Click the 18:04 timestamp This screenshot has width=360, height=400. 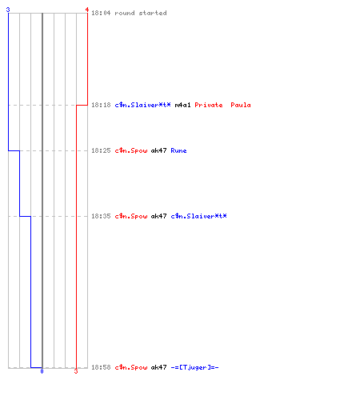[x=101, y=13]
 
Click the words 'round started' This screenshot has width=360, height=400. [x=141, y=13]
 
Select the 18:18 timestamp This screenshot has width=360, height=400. [x=101, y=105]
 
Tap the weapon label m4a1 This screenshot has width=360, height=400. [x=182, y=105]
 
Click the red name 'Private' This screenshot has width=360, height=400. [x=209, y=105]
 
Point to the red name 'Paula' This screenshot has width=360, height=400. [x=241, y=105]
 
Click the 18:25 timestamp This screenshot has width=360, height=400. [x=101, y=150]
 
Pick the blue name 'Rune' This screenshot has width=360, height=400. [x=178, y=150]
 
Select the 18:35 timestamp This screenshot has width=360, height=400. [x=101, y=216]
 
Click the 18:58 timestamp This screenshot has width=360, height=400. [x=101, y=367]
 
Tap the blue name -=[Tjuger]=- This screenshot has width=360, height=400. [x=194, y=367]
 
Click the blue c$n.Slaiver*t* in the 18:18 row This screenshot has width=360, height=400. [x=142, y=105]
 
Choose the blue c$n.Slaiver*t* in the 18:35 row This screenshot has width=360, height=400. [x=198, y=216]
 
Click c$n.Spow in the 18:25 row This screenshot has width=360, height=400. [x=131, y=150]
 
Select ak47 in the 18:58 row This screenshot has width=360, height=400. [x=158, y=367]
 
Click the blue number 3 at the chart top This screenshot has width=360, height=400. [x=8, y=10]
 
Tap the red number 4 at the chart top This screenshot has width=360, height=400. [x=87, y=10]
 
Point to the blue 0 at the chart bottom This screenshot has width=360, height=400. [x=42, y=371]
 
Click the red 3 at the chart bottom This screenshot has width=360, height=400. [x=76, y=371]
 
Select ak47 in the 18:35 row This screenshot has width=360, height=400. [x=158, y=216]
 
